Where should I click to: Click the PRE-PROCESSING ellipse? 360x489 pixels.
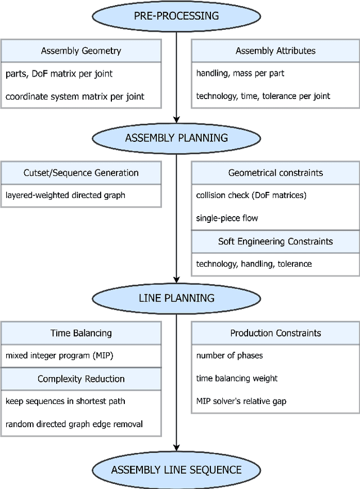tap(177, 16)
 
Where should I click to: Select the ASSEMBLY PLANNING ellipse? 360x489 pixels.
tap(177, 138)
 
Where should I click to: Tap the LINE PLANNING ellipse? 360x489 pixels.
tap(177, 298)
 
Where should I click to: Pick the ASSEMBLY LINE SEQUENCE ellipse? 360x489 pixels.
tap(177, 470)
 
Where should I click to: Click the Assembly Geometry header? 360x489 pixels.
tap(80, 51)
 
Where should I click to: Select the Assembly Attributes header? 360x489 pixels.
tap(275, 51)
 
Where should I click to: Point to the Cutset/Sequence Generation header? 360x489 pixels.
tap(80, 173)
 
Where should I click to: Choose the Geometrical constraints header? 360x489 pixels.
tap(275, 173)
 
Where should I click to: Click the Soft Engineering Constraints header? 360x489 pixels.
tap(275, 241)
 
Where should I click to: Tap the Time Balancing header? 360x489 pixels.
tap(80, 333)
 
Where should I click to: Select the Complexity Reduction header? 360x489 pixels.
tap(80, 379)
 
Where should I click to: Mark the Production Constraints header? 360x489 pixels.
tap(275, 333)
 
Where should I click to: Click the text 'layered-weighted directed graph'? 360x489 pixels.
tap(65, 196)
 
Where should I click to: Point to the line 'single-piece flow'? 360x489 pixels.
tap(227, 218)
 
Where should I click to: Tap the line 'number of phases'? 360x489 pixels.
tap(229, 356)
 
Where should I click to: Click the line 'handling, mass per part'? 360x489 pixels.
tap(240, 73)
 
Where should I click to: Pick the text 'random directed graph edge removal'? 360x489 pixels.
tap(74, 424)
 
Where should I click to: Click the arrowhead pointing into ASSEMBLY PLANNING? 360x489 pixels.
tap(177, 119)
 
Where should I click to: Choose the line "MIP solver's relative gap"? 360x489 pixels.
tap(242, 401)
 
